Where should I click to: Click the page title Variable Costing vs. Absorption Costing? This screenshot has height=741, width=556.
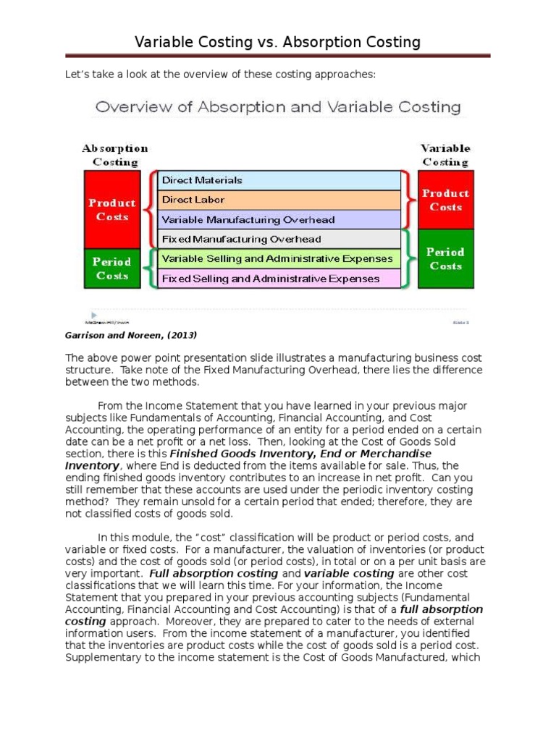point(278,42)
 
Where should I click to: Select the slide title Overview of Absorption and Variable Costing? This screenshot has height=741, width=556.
point(278,107)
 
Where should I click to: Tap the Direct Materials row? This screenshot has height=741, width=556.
point(279,180)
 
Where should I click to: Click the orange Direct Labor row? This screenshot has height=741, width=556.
point(279,200)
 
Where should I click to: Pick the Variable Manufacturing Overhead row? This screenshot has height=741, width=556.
point(279,219)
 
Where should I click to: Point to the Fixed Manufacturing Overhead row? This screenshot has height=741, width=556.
point(279,239)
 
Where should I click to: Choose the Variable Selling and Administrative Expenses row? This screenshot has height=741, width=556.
point(279,258)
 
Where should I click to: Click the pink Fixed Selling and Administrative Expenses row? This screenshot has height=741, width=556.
point(279,278)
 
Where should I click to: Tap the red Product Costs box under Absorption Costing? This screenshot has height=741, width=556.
point(112,209)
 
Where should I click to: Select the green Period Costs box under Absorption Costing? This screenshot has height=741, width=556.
point(112,268)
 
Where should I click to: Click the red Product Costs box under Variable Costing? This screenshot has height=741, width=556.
point(445,200)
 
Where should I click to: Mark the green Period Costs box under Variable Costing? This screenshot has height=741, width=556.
point(445,258)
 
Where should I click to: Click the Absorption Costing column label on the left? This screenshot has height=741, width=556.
point(114,155)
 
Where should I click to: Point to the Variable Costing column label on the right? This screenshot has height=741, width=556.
point(445,155)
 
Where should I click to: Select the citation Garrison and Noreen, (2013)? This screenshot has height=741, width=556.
point(131,335)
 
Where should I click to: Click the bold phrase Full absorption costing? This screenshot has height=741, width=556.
point(214,573)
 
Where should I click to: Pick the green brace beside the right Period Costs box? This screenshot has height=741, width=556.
point(409,258)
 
